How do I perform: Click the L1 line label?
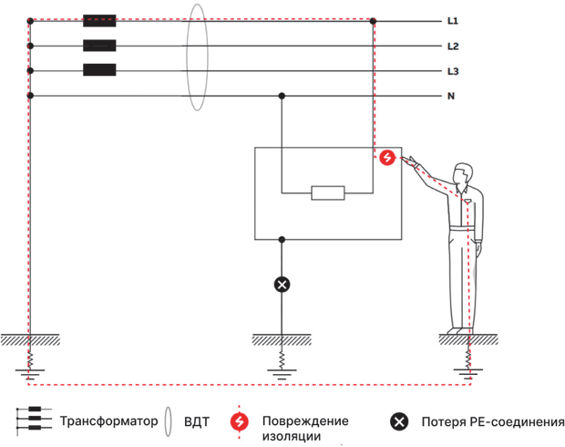pos(453,21)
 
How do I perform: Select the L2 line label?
pos(453,47)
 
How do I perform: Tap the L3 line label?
pos(453,71)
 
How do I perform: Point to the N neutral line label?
pos(451,96)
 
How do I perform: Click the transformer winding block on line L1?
pos(99,21)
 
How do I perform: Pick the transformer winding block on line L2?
pos(99,46)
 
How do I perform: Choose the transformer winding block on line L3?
pos(99,70)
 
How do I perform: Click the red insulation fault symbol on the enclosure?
pos(387,158)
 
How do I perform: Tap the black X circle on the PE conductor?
pos(282,285)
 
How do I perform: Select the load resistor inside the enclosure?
pos(328,193)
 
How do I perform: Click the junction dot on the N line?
pos(282,96)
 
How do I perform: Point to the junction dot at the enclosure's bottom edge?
pos(282,240)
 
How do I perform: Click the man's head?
pos(463,174)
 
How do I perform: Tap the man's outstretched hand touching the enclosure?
pos(409,161)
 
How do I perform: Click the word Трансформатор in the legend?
pos(108,421)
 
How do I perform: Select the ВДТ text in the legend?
pos(196,421)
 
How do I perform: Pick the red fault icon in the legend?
pos(240,421)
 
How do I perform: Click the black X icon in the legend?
pos(399,421)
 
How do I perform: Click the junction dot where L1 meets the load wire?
pos(373,21)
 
